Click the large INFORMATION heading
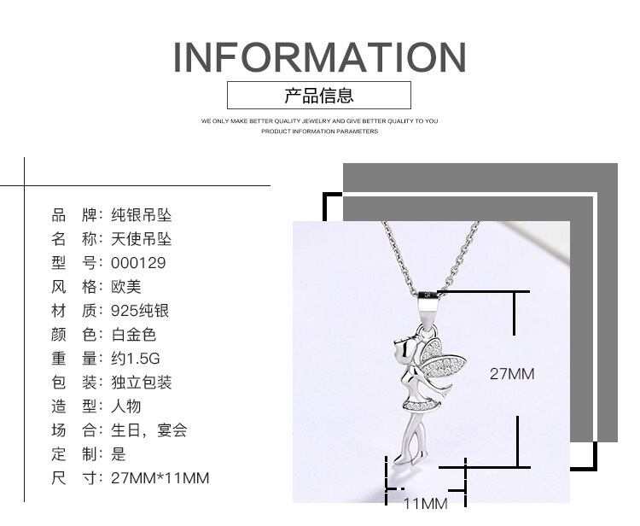click(320, 56)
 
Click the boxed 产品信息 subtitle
click(319, 95)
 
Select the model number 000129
click(138, 263)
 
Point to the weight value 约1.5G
click(135, 359)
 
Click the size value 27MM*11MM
click(160, 478)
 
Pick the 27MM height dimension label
click(511, 373)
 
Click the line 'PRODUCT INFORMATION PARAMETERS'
click(319, 132)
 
